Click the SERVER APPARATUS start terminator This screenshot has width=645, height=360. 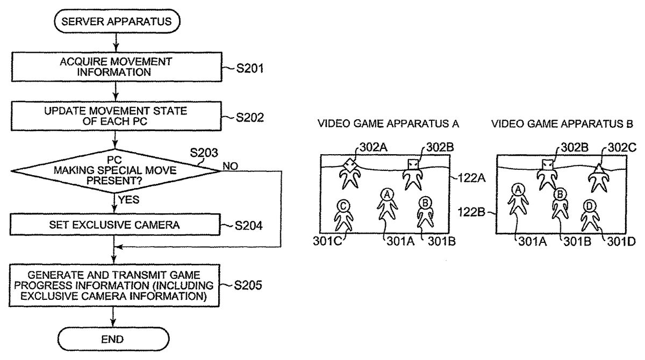tap(116, 21)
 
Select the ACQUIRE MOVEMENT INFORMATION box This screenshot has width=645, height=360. tap(116, 67)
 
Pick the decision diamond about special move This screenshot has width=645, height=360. tap(116, 171)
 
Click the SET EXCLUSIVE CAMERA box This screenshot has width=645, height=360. tap(116, 225)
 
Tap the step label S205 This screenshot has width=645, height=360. tap(248, 285)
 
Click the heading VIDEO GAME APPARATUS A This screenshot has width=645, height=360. tap(389, 124)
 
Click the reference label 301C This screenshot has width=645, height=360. tap(326, 241)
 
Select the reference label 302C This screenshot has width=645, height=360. tap(620, 147)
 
